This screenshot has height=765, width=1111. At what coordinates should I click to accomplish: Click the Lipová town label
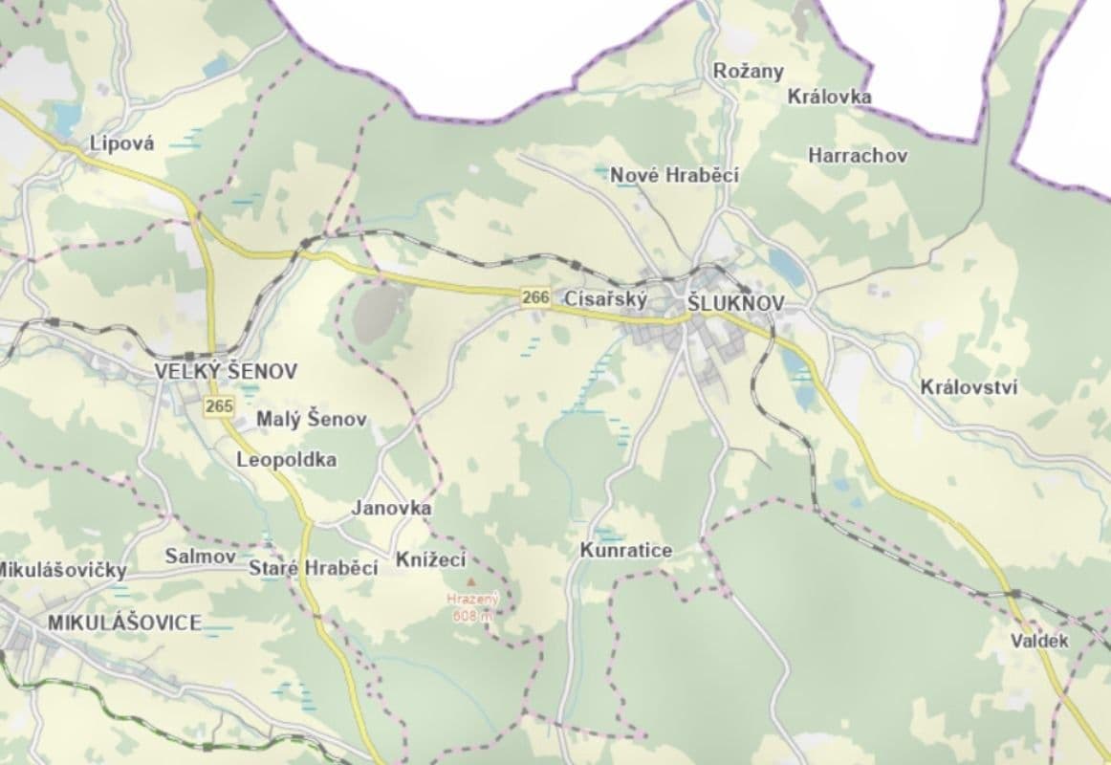click(x=120, y=143)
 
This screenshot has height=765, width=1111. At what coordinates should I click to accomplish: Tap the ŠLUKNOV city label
click(x=736, y=303)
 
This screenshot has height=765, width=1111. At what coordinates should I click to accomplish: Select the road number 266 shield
click(x=536, y=298)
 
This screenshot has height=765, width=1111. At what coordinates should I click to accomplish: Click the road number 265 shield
click(x=219, y=406)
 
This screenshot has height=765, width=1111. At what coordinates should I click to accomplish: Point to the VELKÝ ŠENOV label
click(x=227, y=371)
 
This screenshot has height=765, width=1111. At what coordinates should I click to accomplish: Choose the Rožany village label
click(x=749, y=71)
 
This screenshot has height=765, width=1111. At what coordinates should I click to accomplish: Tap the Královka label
click(x=829, y=97)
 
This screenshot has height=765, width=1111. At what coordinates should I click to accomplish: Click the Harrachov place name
click(x=858, y=155)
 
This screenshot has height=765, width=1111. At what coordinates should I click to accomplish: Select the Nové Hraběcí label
click(x=674, y=175)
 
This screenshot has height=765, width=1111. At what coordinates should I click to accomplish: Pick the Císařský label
click(x=606, y=298)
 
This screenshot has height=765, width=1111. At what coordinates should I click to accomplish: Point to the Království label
click(x=969, y=387)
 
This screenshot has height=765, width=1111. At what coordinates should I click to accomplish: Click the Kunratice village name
click(x=625, y=551)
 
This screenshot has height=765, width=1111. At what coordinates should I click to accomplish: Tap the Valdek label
click(x=1039, y=641)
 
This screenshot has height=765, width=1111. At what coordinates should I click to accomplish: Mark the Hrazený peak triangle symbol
click(x=469, y=581)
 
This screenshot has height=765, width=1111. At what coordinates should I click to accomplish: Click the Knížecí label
click(x=430, y=559)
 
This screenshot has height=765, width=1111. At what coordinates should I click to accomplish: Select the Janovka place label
click(x=391, y=508)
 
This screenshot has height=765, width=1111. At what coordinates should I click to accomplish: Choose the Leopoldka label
click(x=286, y=460)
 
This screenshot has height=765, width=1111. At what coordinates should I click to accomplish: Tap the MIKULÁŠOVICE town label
click(x=124, y=623)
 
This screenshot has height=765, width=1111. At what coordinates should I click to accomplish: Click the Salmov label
click(x=194, y=556)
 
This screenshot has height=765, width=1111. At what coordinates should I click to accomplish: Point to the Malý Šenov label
click(x=311, y=420)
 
